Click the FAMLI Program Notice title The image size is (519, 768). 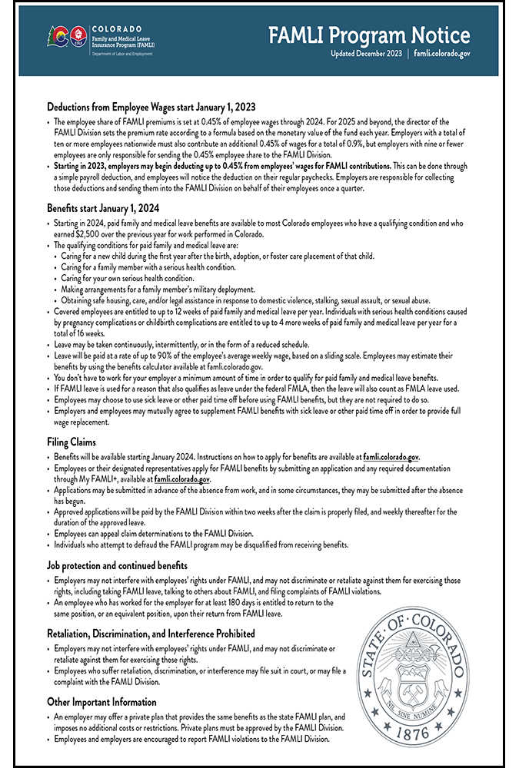click(369, 35)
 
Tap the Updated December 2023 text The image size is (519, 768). click(366, 55)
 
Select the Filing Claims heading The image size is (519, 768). click(72, 442)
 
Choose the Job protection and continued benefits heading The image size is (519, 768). click(123, 565)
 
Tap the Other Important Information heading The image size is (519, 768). click(101, 702)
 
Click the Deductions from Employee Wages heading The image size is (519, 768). click(151, 107)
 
